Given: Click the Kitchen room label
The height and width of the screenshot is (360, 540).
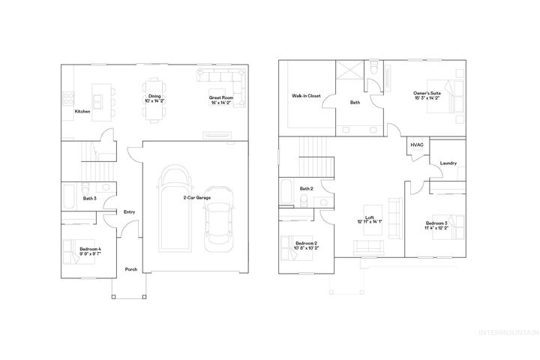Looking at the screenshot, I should (82, 112).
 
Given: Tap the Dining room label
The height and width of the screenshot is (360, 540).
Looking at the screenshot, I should (154, 99).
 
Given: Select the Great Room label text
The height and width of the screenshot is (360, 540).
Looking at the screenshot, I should (222, 99).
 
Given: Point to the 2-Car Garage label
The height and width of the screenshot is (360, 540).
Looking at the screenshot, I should (196, 198).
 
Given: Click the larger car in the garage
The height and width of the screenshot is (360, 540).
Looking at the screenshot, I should (172, 209).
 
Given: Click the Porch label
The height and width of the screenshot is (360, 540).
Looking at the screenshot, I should (131, 269).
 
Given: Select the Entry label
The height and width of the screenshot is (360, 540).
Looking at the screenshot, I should (129, 212).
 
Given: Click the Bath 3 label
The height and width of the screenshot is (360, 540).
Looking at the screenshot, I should (89, 198).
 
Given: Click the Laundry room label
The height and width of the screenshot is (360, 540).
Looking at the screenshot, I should (449, 163).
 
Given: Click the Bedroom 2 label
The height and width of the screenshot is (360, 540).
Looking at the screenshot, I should (307, 245).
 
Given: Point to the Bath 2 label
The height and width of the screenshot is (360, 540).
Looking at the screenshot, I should (306, 188).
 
